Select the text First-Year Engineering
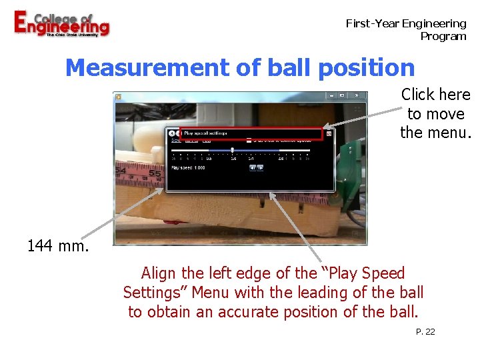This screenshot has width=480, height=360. click(405, 23)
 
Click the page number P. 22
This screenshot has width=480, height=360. click(425, 331)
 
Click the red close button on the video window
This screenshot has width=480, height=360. click(357, 96)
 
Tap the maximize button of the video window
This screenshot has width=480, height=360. click(343, 96)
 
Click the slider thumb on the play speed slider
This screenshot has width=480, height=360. click(232, 150)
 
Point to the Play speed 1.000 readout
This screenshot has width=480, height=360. click(188, 168)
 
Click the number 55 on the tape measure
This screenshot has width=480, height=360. click(155, 175)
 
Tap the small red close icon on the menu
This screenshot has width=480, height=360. click(329, 134)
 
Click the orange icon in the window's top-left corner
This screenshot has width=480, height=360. click(117, 96)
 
